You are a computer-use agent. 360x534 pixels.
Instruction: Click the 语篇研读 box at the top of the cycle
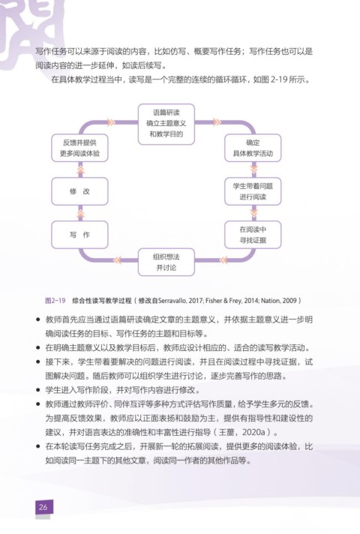166,124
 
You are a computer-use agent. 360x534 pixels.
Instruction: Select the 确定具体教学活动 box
253,148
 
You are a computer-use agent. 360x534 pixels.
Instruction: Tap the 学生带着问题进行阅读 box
253,191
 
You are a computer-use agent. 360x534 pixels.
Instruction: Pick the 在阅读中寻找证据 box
253,235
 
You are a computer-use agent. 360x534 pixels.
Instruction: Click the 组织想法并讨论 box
166,262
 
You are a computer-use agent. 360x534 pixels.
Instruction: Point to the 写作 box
79,235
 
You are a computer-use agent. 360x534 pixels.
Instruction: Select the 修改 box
79,191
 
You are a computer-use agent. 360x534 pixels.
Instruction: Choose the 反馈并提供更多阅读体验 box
79,148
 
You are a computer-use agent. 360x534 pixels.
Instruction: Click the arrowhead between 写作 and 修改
80,214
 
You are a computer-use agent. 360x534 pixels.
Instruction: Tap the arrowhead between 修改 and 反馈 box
80,169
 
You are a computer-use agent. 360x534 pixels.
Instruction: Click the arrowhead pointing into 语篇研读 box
111,122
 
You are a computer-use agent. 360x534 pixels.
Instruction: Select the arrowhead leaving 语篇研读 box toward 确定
217,122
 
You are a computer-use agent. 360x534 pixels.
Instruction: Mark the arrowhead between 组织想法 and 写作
117,260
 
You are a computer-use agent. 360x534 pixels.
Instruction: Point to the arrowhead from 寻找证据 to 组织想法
223,260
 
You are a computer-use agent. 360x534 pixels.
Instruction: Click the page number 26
43,507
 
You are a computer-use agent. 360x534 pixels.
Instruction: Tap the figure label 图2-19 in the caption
55,301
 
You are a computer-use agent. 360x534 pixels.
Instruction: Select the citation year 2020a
253,432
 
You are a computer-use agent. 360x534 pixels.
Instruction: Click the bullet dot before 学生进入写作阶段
38,390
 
